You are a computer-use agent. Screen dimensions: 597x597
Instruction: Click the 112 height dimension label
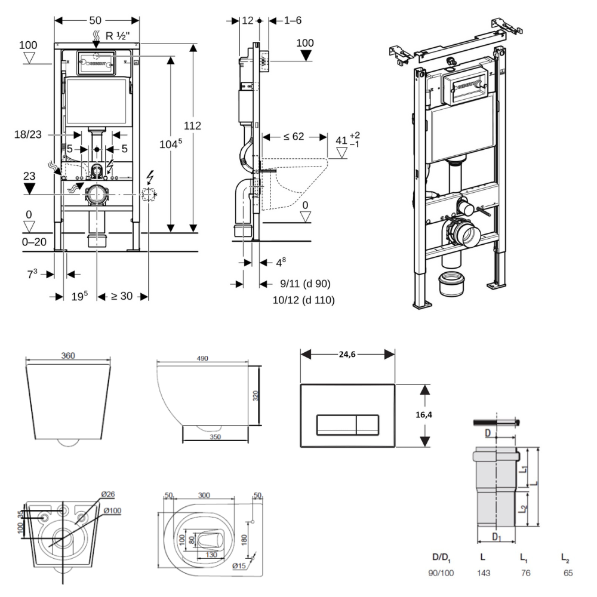coord(193,126)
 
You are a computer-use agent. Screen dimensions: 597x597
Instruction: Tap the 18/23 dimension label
coord(27,135)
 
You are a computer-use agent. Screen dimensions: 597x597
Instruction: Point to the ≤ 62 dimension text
coord(294,136)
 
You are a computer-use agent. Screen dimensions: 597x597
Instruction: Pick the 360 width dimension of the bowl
coord(68,356)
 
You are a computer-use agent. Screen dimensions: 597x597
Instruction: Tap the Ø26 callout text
coord(108,494)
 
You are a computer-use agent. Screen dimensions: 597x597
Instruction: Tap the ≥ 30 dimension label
coord(122,296)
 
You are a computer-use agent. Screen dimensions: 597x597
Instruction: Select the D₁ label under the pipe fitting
coord(497,537)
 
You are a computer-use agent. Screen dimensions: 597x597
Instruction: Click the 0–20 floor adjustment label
coord(32,242)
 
